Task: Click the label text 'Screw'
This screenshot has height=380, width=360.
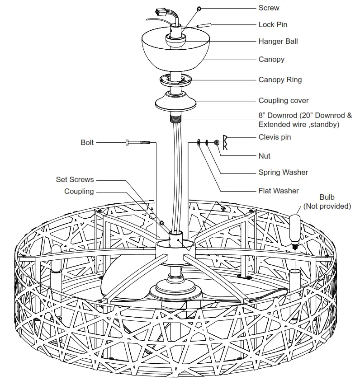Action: click(x=269, y=8)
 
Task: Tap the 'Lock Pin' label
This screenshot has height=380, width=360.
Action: click(x=272, y=24)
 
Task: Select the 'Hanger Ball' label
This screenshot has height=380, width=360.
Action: click(x=278, y=41)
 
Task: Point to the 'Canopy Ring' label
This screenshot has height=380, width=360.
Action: click(x=280, y=80)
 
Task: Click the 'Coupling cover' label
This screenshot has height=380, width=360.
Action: click(x=284, y=101)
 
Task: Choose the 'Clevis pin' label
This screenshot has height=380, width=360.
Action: click(x=275, y=137)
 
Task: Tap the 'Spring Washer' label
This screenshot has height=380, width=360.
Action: click(x=283, y=172)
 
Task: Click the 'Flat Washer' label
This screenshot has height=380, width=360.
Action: click(x=279, y=191)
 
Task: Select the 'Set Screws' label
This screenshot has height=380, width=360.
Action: click(x=75, y=179)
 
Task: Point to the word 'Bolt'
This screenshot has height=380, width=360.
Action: click(x=87, y=142)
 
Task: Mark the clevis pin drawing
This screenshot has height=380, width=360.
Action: click(x=225, y=142)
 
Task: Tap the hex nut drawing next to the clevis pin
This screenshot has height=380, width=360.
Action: click(x=216, y=143)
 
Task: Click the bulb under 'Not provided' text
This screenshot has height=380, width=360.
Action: click(x=295, y=228)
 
